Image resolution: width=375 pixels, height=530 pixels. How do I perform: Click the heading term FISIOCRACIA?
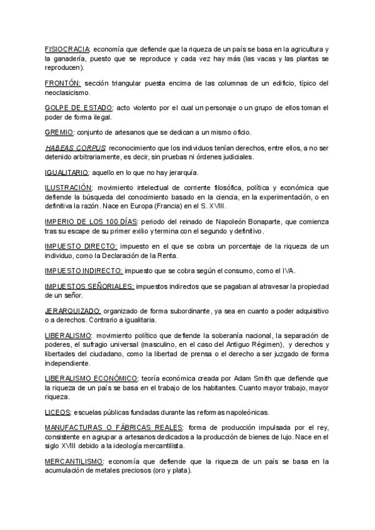click(67, 49)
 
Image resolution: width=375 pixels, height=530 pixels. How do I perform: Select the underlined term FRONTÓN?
click(63, 83)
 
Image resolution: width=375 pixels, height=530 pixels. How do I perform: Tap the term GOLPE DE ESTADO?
click(79, 108)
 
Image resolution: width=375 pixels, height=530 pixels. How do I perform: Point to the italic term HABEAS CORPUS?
click(71, 148)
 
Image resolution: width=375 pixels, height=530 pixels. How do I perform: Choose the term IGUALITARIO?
click(67, 172)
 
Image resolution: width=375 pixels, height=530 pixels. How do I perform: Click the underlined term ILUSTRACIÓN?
click(69, 187)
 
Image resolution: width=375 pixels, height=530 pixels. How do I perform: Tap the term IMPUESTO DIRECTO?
click(79, 246)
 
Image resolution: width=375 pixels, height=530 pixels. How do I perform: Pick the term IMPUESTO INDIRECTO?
click(84, 271)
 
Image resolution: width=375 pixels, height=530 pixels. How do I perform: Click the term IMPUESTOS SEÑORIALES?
click(89, 286)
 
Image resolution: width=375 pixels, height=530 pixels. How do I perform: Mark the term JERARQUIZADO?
click(73, 311)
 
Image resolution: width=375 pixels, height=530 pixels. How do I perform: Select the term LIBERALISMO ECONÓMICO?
click(91, 379)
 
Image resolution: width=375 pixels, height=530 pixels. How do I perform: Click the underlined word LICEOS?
click(57, 412)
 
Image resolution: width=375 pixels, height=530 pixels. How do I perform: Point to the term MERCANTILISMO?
click(74, 462)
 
